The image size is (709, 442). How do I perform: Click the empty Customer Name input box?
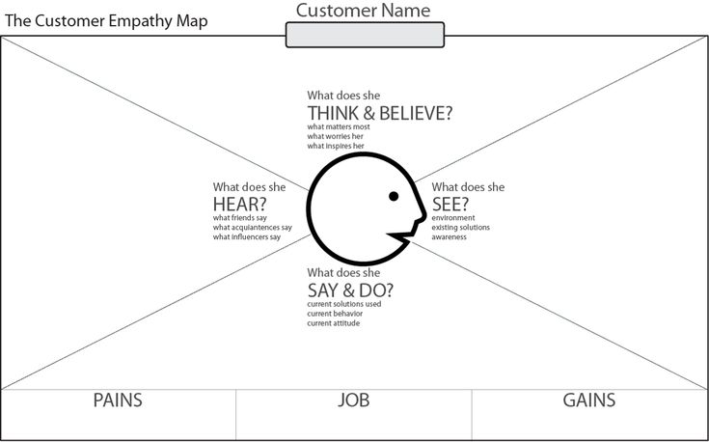tap(365, 35)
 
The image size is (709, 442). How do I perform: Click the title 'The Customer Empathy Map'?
tap(106, 21)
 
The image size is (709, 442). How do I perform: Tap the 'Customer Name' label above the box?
tap(363, 11)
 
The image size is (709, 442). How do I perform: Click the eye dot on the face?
tap(394, 196)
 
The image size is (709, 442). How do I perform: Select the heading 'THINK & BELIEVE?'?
tap(380, 113)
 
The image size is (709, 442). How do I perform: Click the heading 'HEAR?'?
tap(240, 205)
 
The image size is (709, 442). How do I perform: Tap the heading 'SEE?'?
tap(450, 205)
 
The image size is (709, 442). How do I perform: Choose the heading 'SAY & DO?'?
tap(350, 290)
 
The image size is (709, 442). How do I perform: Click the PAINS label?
tap(118, 401)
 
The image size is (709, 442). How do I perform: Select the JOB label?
tap(354, 401)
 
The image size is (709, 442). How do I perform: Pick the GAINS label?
tap(589, 401)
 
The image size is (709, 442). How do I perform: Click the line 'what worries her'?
tap(335, 136)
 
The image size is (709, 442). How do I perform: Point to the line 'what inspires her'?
tap(336, 146)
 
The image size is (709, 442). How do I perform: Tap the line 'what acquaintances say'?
tap(253, 227)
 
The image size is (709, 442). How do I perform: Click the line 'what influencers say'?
tap(247, 237)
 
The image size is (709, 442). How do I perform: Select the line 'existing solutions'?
tap(460, 227)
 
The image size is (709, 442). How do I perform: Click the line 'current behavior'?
tap(335, 314)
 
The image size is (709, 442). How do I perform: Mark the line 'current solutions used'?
tap(344, 304)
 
